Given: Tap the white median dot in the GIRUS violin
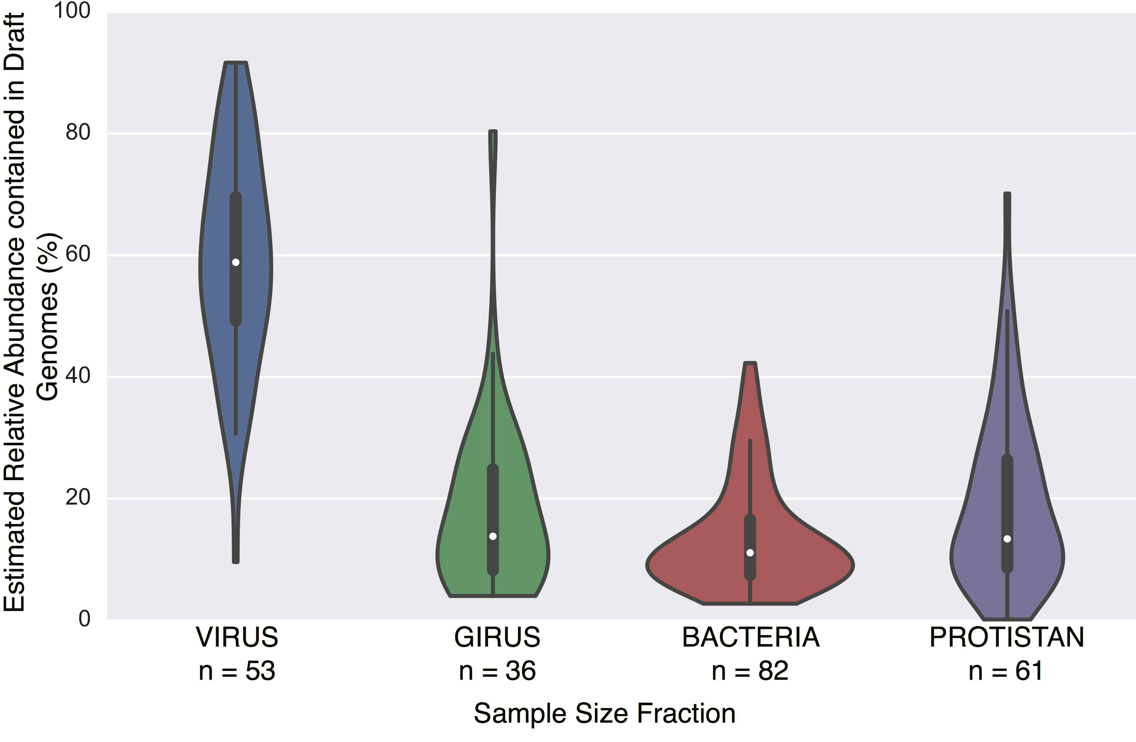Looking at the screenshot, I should tap(493, 536).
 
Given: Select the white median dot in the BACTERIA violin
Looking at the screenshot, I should tap(750, 553).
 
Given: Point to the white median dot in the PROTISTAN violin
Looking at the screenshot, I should tap(1007, 539).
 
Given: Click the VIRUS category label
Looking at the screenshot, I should tap(237, 637).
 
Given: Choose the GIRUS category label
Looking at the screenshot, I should tap(497, 637).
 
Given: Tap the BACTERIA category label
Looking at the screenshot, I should tap(750, 637).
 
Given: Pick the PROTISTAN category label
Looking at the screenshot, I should tap(1007, 637).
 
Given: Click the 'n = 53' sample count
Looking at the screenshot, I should tap(237, 671).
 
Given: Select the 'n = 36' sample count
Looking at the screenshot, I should tap(497, 671).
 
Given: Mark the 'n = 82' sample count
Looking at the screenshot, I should tap(750, 671).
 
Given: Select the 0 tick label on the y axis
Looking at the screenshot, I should tap(85, 619).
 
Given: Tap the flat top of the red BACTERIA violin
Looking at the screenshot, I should tap(750, 363).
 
